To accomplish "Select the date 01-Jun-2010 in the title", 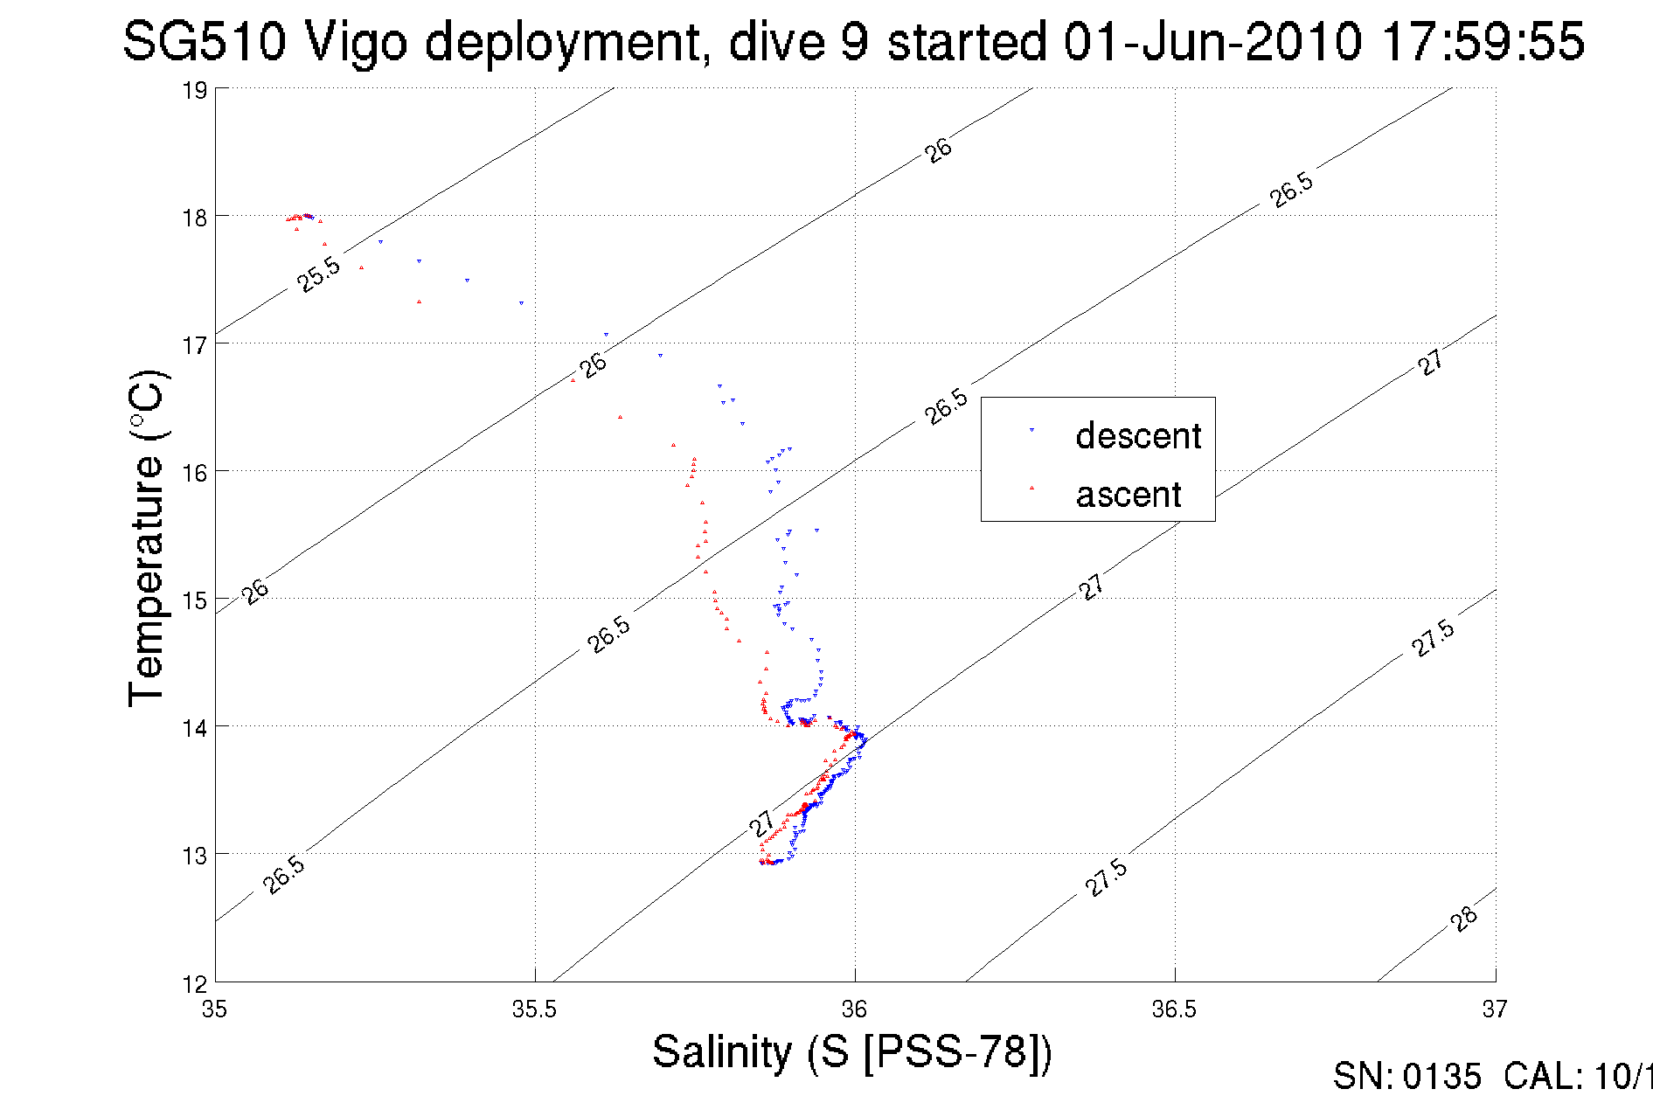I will point(1212,41).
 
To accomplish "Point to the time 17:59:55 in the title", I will point(1483,41).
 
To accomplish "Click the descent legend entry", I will point(1137,435).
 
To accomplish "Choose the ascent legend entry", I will point(1128,495).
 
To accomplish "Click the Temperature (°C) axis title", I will point(147,538).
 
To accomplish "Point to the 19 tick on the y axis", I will point(195,91).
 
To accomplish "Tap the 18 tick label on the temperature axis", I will point(195,218).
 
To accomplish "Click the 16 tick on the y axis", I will point(195,473).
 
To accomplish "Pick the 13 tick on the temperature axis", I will point(195,856).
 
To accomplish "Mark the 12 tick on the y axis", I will point(195,984).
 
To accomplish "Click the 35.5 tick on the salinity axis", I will point(534,1009).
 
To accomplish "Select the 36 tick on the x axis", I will point(854,1009).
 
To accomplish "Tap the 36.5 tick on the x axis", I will point(1174,1009).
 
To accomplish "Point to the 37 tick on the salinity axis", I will point(1494,1009).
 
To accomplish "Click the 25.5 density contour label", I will point(318,274).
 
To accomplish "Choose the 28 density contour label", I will point(1463,919).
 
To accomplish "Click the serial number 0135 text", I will point(1442,1077).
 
